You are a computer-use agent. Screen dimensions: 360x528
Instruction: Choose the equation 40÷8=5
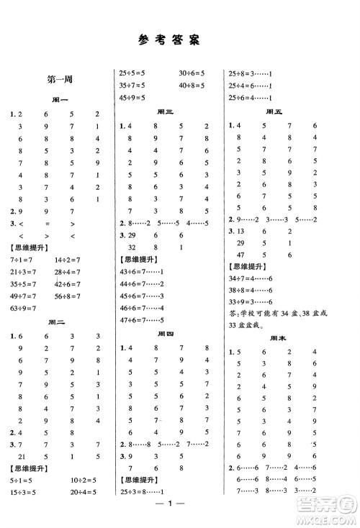coord(192,85)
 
